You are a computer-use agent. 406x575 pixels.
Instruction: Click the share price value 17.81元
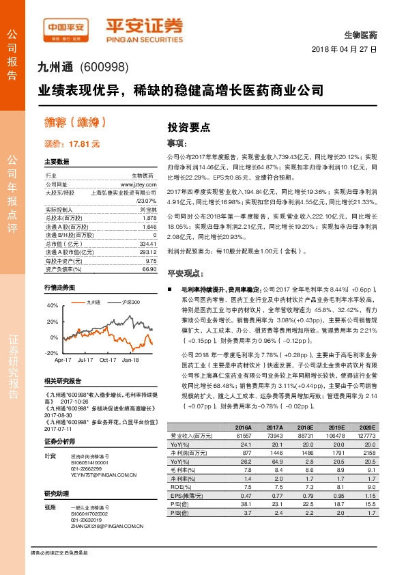point(72,144)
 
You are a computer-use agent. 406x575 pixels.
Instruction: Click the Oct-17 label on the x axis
point(108,359)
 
